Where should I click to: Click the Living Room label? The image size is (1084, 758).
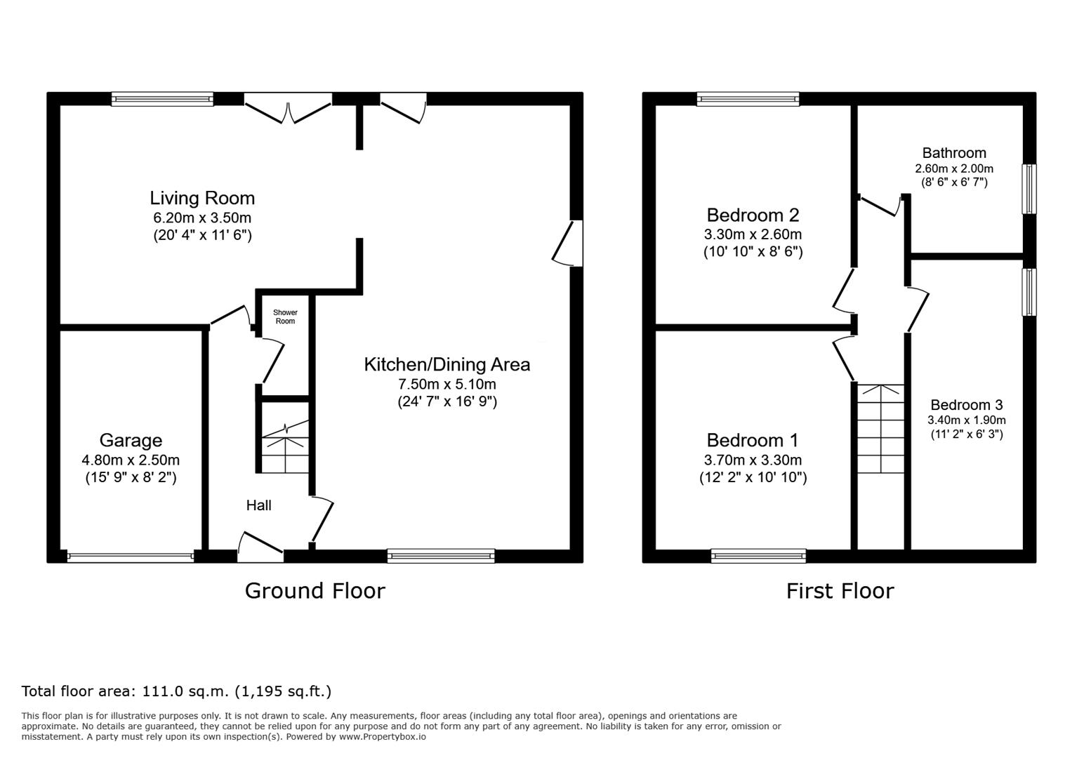pyautogui.click(x=202, y=198)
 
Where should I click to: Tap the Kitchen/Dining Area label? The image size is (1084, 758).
pyautogui.click(x=447, y=364)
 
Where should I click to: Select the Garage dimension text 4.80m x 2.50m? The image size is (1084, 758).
pyautogui.click(x=131, y=460)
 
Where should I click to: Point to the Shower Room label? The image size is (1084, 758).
pyautogui.click(x=285, y=317)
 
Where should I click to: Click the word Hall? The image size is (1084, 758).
pyautogui.click(x=258, y=505)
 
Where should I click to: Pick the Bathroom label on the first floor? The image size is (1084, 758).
pyautogui.click(x=954, y=153)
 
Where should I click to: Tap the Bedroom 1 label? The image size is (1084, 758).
pyautogui.click(x=752, y=440)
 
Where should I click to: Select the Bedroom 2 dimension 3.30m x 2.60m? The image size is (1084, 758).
pyautogui.click(x=753, y=234)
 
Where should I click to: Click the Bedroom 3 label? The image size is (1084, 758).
pyautogui.click(x=967, y=405)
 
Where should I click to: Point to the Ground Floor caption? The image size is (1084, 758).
pyautogui.click(x=315, y=591)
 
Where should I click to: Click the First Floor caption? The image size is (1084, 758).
pyautogui.click(x=840, y=591)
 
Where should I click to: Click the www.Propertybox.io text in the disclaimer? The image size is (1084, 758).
pyautogui.click(x=383, y=737)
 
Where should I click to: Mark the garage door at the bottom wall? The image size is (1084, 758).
pyautogui.click(x=131, y=557)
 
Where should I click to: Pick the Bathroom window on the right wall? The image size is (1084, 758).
pyautogui.click(x=1029, y=189)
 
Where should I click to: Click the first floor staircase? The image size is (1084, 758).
pyautogui.click(x=880, y=429)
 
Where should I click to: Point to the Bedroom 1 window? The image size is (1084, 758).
pyautogui.click(x=758, y=556)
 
